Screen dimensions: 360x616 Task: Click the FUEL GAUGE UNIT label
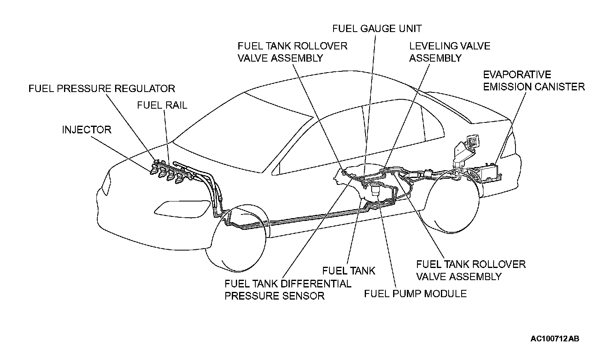pyautogui.click(x=377, y=28)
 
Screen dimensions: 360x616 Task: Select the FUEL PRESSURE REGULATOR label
pyautogui.click(x=102, y=88)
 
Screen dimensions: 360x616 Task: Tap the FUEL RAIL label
pyautogui.click(x=162, y=105)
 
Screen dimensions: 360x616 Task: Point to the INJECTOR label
pyautogui.click(x=86, y=130)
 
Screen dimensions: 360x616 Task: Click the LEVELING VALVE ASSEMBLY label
pyautogui.click(x=449, y=52)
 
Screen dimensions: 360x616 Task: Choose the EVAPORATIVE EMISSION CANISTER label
pyautogui.click(x=534, y=81)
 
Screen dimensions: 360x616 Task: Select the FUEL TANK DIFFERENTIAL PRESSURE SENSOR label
pyautogui.click(x=288, y=289)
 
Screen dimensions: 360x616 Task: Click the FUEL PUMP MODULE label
pyautogui.click(x=415, y=294)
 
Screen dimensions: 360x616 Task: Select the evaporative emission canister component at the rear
pyautogui.click(x=486, y=172)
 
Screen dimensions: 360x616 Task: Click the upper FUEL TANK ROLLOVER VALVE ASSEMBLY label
pyautogui.click(x=292, y=52)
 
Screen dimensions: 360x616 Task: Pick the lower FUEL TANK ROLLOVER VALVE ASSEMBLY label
pyautogui.click(x=471, y=270)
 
